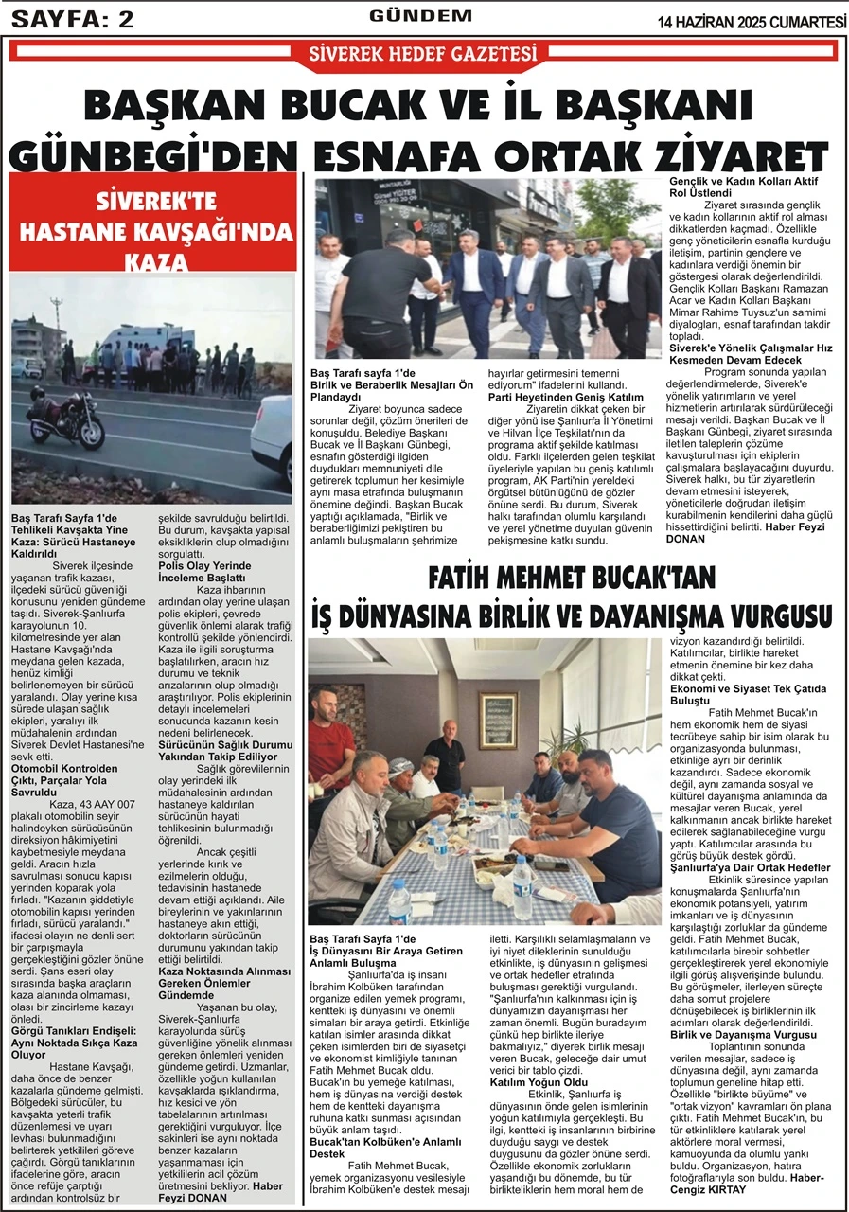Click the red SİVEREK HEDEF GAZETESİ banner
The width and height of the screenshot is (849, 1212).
(x=423, y=54)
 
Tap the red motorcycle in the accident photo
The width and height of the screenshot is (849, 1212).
(x=65, y=418)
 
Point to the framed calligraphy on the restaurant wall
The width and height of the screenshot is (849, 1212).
(x=497, y=719)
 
